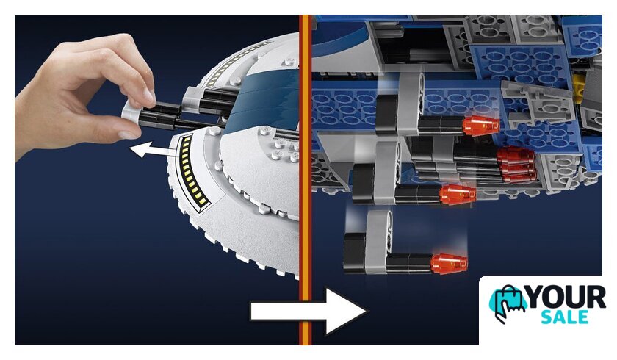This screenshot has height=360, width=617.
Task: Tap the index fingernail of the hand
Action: click(148, 95)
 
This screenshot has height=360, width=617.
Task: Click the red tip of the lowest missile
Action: click(449, 263)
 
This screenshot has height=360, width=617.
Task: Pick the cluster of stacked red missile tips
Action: click(516, 165)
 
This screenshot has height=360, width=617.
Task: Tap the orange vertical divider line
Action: click(305, 180)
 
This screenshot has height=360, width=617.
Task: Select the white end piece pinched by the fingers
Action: click(131, 112)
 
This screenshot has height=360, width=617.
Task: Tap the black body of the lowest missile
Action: click(410, 263)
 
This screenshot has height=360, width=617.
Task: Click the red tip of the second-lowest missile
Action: click(457, 195)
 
